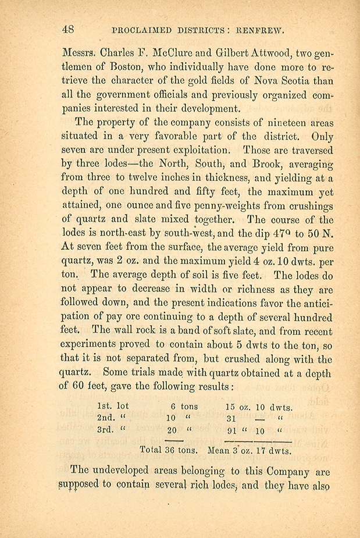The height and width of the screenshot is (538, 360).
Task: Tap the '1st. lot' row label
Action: pos(113,407)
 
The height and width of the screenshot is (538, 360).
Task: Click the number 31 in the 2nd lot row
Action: pos(233,418)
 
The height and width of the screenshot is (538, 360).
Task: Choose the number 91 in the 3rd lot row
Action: pos(233,431)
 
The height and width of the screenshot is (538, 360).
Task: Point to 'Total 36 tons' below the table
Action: pos(169,450)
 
